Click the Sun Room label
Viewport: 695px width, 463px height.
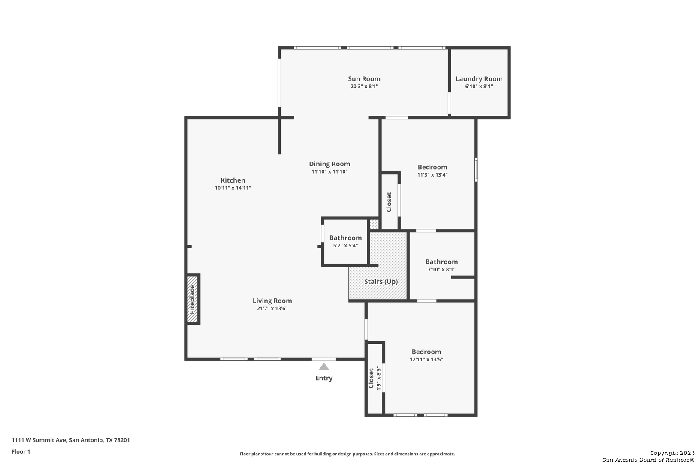[x=364, y=79]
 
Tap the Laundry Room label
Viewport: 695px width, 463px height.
[x=479, y=79]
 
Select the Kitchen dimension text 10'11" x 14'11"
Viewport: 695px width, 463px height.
[x=233, y=188]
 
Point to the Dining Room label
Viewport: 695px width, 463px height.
[x=329, y=164]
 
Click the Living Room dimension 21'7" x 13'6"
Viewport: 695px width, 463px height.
[x=272, y=308]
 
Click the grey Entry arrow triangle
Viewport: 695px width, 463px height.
[x=324, y=367]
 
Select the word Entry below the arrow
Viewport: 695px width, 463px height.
[x=324, y=378]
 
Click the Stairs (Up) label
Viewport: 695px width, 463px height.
[x=381, y=282]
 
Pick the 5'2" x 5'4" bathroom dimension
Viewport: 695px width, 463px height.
[x=345, y=245]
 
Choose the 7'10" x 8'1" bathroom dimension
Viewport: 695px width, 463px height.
[x=441, y=269]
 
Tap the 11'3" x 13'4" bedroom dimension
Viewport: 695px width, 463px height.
[x=432, y=174]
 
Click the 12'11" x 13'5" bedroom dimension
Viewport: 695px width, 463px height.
[x=426, y=359]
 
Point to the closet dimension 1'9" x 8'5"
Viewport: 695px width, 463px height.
[x=378, y=379]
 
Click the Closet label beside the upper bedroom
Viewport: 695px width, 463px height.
[x=389, y=202]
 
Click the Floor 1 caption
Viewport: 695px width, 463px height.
[x=21, y=451]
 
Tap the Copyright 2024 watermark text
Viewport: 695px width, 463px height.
[x=672, y=453]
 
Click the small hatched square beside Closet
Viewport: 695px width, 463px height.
[x=375, y=224]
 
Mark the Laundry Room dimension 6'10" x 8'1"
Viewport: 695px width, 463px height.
[x=479, y=87]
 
